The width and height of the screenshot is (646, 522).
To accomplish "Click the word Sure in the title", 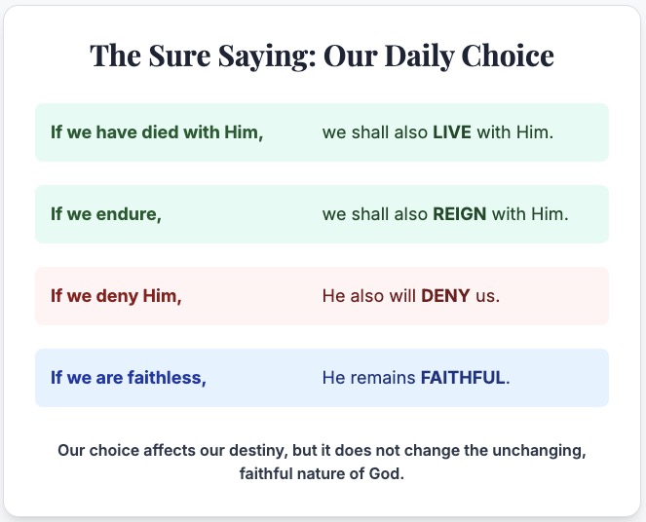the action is pos(179,56).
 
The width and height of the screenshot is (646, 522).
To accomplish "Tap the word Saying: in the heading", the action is pos(267,56).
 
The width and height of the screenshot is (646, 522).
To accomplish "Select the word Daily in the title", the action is pos(419,56).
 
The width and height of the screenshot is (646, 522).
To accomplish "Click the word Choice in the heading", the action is pos(508,56).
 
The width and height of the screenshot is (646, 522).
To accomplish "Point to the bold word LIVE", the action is pos(452,132).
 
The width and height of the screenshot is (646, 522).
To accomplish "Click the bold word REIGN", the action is pos(459,214).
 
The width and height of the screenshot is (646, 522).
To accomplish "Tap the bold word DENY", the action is pos(445,296).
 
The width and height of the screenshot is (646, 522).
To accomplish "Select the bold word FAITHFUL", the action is pos(463,378).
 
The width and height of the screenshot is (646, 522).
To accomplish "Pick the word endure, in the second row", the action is pos(129,214).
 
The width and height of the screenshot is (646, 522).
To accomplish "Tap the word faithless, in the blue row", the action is pos(167,378).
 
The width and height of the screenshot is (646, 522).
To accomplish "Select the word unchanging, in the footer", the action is pos(539,451).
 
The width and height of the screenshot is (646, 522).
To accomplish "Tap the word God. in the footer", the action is pos(387,474).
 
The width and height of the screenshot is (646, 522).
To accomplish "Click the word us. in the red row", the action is pos(488,296).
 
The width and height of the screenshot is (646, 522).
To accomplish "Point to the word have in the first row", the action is pos(117,132).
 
